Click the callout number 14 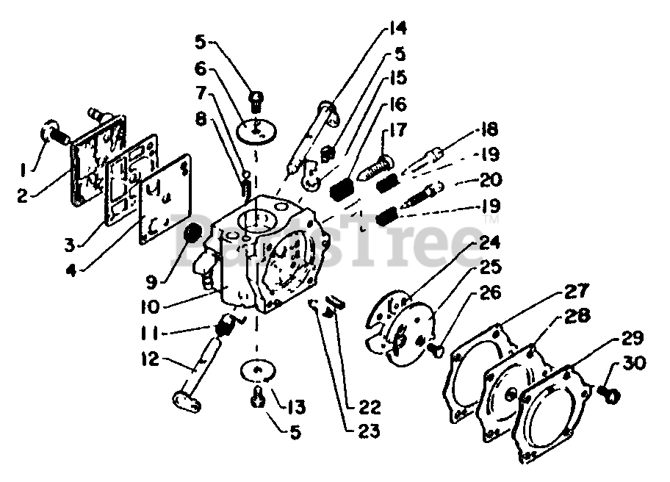tap(398, 29)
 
